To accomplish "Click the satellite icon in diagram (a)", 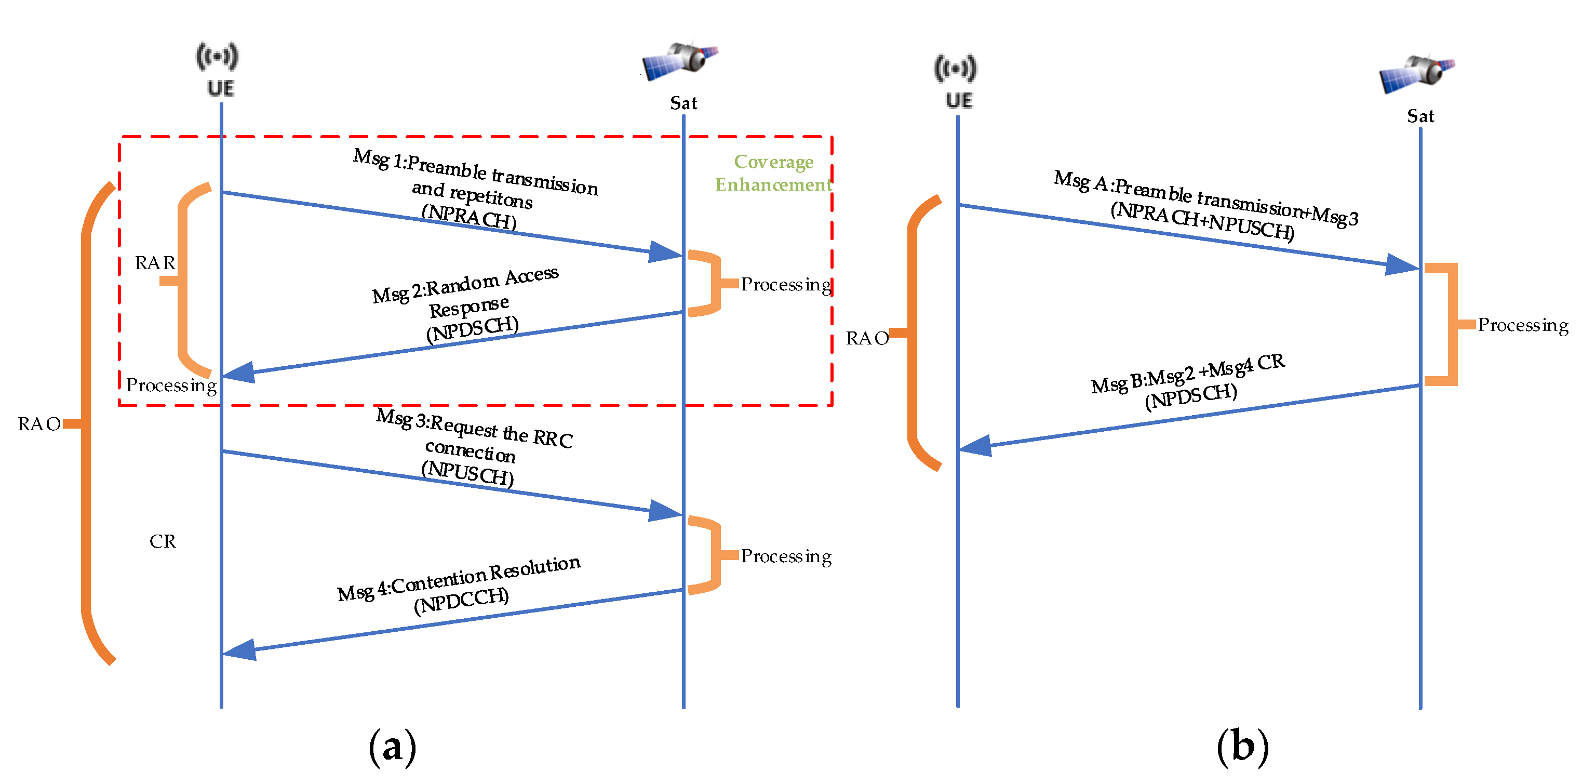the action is pyautogui.click(x=680, y=60).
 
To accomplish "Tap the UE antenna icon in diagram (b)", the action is pyautogui.click(x=955, y=68).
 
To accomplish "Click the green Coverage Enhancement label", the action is pyautogui.click(x=773, y=172).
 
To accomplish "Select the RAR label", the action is pyautogui.click(x=155, y=263).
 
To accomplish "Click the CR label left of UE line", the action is pyautogui.click(x=162, y=541).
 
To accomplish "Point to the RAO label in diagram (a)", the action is pyautogui.click(x=38, y=424).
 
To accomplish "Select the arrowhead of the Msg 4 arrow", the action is pyautogui.click(x=239, y=649).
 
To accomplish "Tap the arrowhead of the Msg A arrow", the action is pyautogui.click(x=1403, y=265).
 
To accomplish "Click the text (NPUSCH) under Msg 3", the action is pyautogui.click(x=467, y=473).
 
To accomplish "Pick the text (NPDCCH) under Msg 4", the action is pyautogui.click(x=461, y=600).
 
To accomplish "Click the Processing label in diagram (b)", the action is pyautogui.click(x=1522, y=325).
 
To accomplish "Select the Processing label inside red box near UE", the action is pyautogui.click(x=171, y=385).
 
